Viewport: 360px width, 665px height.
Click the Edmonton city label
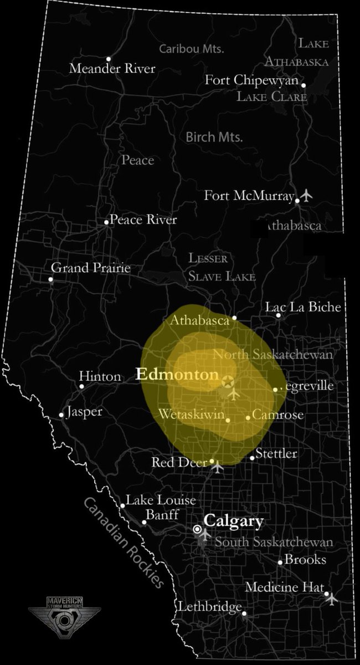point(177,375)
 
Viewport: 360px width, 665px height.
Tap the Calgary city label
point(233,521)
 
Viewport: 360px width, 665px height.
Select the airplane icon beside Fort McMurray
point(307,196)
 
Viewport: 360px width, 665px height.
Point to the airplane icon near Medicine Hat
point(331,598)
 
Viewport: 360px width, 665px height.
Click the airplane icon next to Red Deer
point(218,467)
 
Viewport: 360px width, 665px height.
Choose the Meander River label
point(112,69)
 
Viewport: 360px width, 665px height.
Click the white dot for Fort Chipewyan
point(303,85)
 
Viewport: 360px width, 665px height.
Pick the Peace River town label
point(143,220)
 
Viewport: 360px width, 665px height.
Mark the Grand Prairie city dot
point(51,279)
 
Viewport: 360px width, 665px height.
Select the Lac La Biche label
point(303,307)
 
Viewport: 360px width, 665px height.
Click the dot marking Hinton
point(81,386)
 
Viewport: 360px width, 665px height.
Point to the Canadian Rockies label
point(125,542)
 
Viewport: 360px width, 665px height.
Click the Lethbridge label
point(210,607)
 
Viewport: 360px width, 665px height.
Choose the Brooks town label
point(305,560)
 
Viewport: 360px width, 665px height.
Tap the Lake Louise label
point(161,500)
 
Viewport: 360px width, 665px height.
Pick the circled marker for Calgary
point(197,529)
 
